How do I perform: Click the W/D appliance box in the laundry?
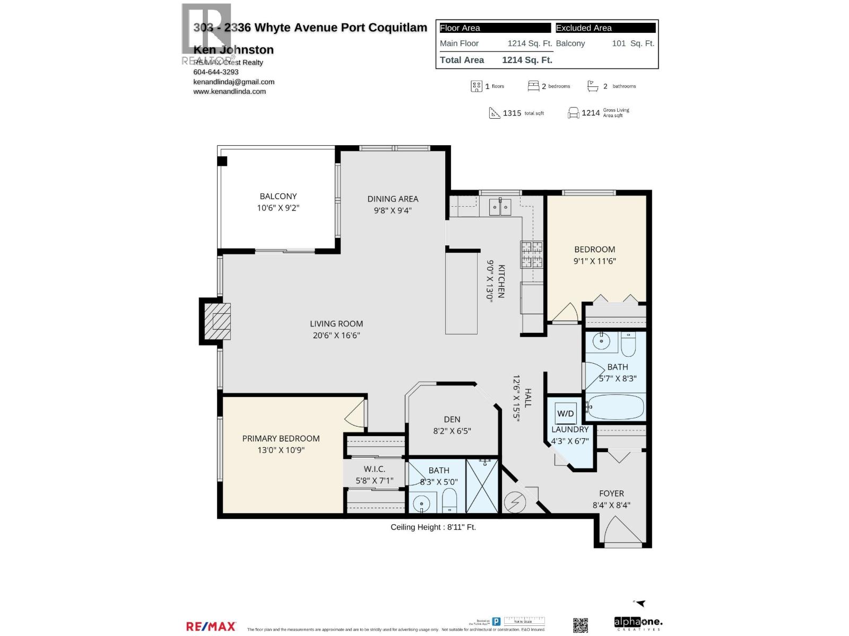click(565, 413)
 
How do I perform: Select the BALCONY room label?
click(278, 196)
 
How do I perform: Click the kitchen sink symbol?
click(499, 206)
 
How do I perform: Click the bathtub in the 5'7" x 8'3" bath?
click(616, 407)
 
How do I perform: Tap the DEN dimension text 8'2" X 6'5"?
click(452, 431)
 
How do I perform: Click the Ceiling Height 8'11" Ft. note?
click(433, 527)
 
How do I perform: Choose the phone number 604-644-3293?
click(216, 72)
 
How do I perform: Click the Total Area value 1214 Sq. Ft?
click(527, 60)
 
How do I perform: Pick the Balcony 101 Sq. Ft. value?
click(633, 43)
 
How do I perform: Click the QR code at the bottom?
click(581, 625)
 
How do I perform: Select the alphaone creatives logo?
click(638, 623)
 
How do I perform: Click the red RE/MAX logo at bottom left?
click(211, 626)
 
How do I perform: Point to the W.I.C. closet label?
click(374, 469)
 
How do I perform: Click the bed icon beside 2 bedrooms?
click(533, 86)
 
